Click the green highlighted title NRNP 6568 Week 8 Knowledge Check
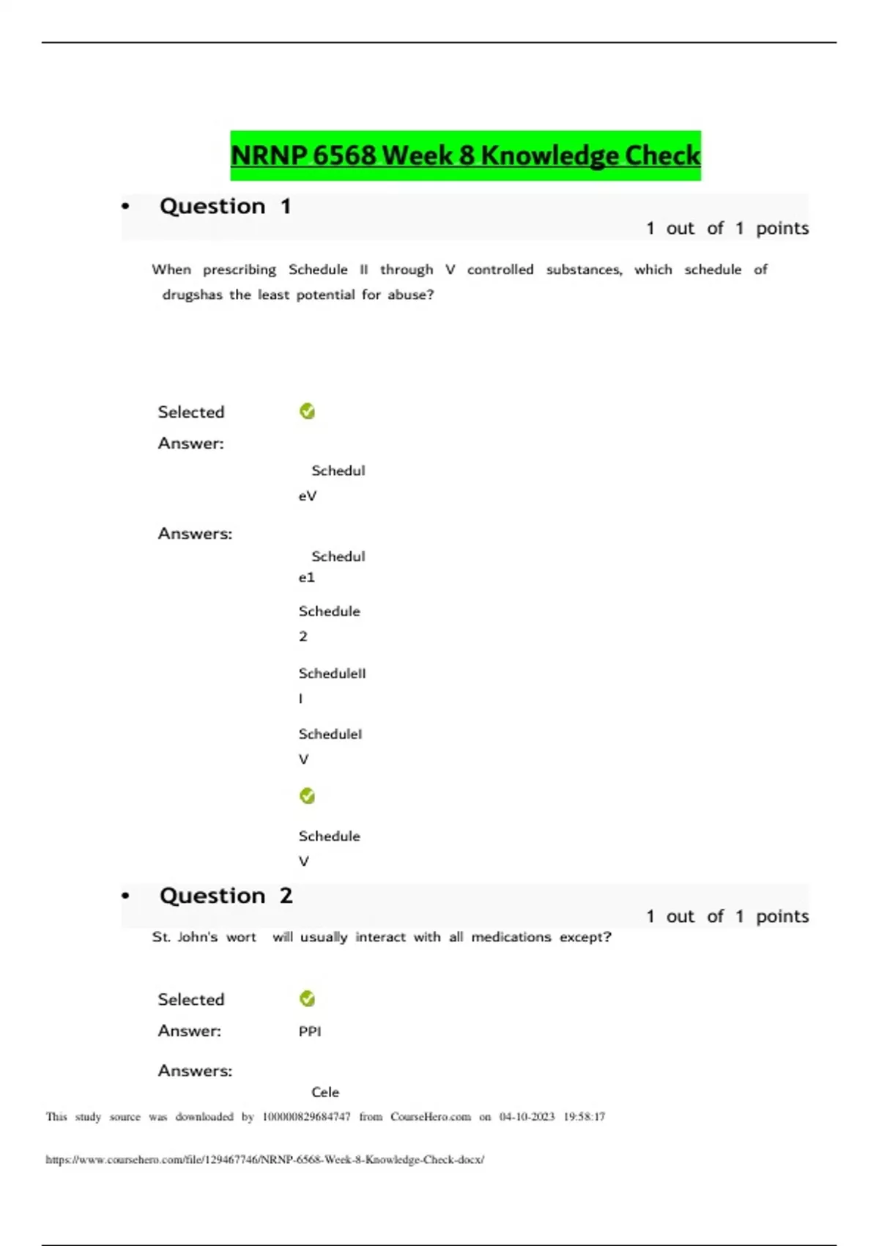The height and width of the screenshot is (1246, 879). pos(465,155)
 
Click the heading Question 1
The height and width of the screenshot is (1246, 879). pos(225,207)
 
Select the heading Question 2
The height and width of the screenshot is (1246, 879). pos(226,896)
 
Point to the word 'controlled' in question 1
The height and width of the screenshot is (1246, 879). pos(500,270)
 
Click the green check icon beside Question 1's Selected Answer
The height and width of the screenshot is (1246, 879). pos(308,412)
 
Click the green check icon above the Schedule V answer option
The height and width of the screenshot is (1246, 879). pos(308,796)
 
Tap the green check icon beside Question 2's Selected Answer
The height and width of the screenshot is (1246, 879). pos(308,999)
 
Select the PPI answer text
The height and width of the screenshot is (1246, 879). pos(310,1031)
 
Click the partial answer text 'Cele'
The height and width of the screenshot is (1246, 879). pos(325,1092)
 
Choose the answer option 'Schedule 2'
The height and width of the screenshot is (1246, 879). pos(329,623)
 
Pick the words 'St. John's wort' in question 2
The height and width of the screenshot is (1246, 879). pos(204,937)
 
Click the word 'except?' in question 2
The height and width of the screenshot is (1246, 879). pos(585,937)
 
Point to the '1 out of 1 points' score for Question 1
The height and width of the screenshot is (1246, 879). pos(727,229)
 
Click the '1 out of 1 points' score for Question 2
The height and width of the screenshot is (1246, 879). pos(727,916)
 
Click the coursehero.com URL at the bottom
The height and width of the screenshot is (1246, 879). pos(264,1160)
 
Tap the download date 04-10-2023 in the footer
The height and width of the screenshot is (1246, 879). pos(527,1117)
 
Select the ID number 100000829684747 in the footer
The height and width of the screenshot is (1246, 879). pos(306,1117)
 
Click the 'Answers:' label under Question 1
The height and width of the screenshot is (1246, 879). pos(195,534)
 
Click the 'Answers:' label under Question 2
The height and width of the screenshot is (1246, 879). pos(195,1071)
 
